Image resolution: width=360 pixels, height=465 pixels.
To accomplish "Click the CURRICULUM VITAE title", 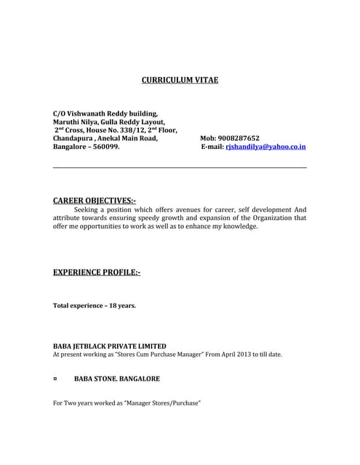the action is pyautogui.click(x=180, y=80).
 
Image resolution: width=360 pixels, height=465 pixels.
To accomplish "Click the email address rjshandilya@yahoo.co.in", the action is pyautogui.click(x=265, y=146).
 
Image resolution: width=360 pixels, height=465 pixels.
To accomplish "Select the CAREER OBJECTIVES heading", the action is pyautogui.click(x=95, y=200).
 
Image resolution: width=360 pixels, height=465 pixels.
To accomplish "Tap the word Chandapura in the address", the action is pyautogui.click(x=73, y=137).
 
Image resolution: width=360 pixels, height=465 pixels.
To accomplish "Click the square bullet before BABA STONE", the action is pyautogui.click(x=56, y=379).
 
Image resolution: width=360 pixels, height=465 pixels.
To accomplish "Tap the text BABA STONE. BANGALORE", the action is pyautogui.click(x=117, y=379).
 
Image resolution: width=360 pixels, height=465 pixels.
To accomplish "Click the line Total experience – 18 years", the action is pyautogui.click(x=95, y=305).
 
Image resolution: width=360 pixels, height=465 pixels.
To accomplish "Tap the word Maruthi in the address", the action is pyautogui.click(x=68, y=121).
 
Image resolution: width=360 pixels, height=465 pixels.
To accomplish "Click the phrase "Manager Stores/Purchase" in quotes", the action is pyautogui.click(x=161, y=403).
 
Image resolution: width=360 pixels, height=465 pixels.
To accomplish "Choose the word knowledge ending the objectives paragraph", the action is pyautogui.click(x=239, y=226).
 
